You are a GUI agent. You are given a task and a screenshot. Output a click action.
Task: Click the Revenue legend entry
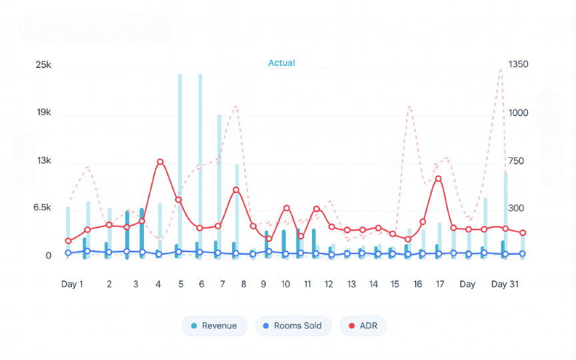tap(213, 326)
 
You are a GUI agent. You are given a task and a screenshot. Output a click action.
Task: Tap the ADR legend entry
tap(363, 326)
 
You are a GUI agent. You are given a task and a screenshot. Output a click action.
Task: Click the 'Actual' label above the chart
tap(281, 63)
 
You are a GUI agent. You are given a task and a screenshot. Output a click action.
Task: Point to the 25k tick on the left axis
tap(43, 65)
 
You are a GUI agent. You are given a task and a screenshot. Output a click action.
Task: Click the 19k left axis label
tap(44, 113)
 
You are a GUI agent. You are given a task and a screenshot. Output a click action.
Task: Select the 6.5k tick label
tap(42, 208)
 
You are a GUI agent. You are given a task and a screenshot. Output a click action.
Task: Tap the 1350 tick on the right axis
tap(518, 65)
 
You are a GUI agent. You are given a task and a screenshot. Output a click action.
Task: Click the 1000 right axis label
tap(518, 113)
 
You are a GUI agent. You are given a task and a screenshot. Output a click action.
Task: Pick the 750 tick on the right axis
tap(517, 161)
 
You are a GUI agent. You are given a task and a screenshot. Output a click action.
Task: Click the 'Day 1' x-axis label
tap(72, 284)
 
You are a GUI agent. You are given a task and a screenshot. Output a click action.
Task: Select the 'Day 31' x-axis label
tap(505, 284)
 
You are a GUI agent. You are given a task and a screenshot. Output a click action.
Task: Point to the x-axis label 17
tap(440, 284)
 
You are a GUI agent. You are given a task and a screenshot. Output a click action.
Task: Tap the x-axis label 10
tap(285, 284)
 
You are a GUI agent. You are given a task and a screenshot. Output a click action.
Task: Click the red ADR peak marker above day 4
tap(160, 162)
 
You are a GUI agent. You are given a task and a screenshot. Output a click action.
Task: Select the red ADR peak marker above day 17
tap(438, 179)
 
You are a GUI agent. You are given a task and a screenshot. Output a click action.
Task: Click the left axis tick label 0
tap(48, 256)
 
